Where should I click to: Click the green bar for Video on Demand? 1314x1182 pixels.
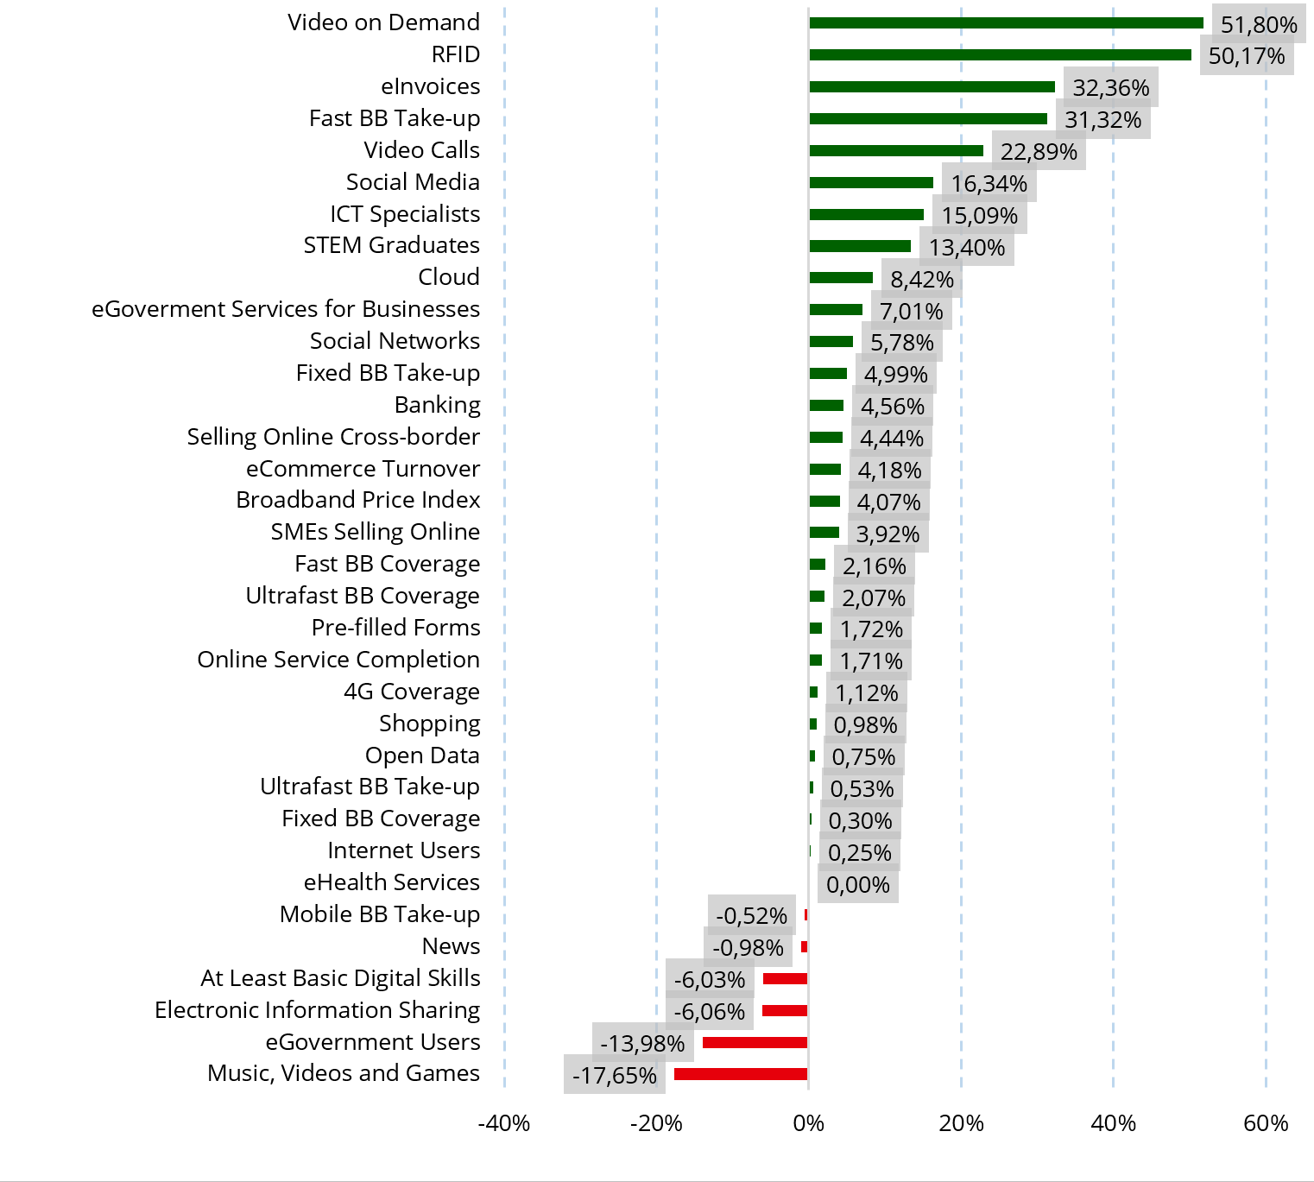pyautogui.click(x=1006, y=23)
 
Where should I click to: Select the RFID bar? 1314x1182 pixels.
pyautogui.click(x=1000, y=55)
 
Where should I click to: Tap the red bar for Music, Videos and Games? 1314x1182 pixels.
pyautogui.click(x=741, y=1074)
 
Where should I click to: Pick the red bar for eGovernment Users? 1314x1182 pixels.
pyautogui.click(x=755, y=1043)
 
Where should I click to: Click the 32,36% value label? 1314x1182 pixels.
pyautogui.click(x=1110, y=88)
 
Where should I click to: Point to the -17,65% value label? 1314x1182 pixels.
pyautogui.click(x=614, y=1076)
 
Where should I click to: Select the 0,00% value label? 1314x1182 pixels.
pyautogui.click(x=857, y=885)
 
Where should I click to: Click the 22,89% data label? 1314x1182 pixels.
pyautogui.click(x=1039, y=152)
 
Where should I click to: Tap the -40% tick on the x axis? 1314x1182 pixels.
pyautogui.click(x=504, y=1123)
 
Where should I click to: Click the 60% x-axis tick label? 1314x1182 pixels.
pyautogui.click(x=1266, y=1123)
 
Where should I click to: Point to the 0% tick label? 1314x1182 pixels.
pyautogui.click(x=808, y=1123)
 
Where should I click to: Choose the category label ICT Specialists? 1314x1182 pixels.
pyautogui.click(x=405, y=214)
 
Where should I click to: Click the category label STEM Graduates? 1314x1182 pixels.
pyautogui.click(x=391, y=245)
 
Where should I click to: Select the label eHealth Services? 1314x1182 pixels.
pyautogui.click(x=391, y=882)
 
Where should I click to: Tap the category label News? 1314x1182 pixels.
pyautogui.click(x=451, y=946)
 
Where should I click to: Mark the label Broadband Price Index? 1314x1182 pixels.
pyautogui.click(x=357, y=500)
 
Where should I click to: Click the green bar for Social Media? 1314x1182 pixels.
pyautogui.click(x=871, y=183)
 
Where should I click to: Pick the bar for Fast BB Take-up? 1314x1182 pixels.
pyautogui.click(x=928, y=119)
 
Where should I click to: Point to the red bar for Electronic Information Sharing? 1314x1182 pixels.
pyautogui.click(x=785, y=1011)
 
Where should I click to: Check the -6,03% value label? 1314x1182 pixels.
pyautogui.click(x=709, y=980)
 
